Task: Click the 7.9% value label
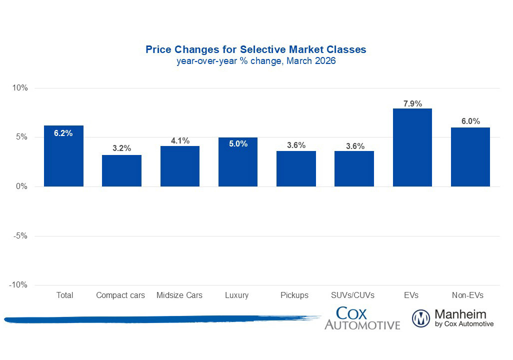[x=412, y=104]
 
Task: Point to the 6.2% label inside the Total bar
[x=63, y=133]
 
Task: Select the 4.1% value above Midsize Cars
[x=180, y=141]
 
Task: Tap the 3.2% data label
[x=121, y=148]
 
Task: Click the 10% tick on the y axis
[x=20, y=88]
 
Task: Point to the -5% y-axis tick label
[x=20, y=236]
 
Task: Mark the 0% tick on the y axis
[x=22, y=186]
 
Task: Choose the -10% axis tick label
[x=19, y=285]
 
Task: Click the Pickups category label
[x=295, y=295]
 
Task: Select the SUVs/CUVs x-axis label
[x=353, y=295]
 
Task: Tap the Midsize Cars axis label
[x=179, y=295]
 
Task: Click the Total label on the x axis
[x=64, y=295]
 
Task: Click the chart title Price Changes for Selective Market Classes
[x=256, y=49]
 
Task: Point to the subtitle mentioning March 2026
[x=256, y=61]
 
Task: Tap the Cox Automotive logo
[x=362, y=318]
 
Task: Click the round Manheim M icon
[x=421, y=318]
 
